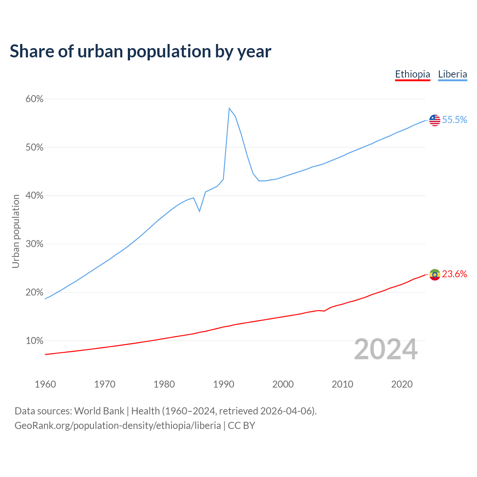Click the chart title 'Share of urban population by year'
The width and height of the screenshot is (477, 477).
point(140,51)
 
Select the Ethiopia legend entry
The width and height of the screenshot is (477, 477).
point(413,74)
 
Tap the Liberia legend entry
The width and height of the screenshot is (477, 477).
point(452,74)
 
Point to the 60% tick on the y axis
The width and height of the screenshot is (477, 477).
point(34,99)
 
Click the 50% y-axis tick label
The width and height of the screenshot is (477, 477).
point(34,148)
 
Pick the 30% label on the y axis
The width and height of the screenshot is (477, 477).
point(34,244)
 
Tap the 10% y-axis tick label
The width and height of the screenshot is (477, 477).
point(34,341)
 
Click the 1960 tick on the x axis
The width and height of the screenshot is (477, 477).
point(45,384)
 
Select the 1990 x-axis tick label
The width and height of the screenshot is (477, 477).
point(224,384)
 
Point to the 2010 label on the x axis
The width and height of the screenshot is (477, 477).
point(342,384)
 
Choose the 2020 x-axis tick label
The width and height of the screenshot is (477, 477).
point(402,384)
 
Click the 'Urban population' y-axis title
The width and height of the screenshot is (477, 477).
point(16,231)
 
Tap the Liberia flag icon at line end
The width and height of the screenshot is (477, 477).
point(435,120)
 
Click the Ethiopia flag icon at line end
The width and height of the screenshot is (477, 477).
point(435,275)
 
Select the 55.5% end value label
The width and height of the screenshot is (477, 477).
point(455,120)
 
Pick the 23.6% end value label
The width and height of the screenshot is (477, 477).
point(455,274)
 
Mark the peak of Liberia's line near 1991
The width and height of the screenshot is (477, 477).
point(229,108)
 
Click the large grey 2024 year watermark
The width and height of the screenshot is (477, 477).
point(386,349)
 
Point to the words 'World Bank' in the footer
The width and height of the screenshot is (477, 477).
point(99,411)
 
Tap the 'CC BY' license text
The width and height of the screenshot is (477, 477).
point(241,426)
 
